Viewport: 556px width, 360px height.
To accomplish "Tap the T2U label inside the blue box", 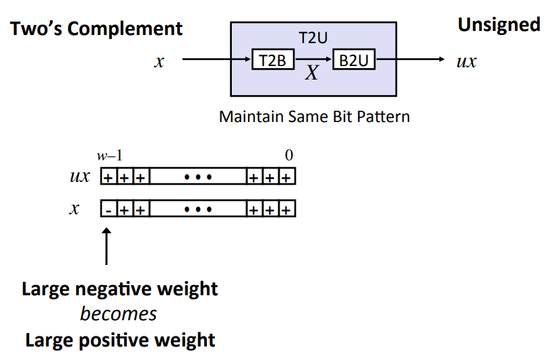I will [x=313, y=38].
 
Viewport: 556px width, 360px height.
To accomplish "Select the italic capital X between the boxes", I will [x=311, y=73].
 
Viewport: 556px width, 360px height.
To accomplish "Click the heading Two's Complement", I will [x=96, y=29].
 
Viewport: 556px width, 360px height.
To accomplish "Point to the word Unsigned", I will [x=499, y=25].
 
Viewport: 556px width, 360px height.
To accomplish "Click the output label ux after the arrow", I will [x=466, y=61].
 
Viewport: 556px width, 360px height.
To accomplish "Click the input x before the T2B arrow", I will [x=159, y=62].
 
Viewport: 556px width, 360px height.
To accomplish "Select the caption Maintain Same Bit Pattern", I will [x=314, y=117].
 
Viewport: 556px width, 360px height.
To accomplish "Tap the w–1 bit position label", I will [x=109, y=156].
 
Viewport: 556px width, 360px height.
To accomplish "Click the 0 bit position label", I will [x=289, y=156].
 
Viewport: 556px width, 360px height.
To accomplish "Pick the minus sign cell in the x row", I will [x=108, y=209].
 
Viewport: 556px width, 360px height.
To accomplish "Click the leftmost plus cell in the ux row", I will [x=108, y=177].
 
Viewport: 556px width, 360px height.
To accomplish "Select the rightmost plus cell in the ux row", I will [x=287, y=177].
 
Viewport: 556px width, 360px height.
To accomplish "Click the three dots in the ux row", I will [x=198, y=178].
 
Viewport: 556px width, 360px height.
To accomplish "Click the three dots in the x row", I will [x=198, y=209].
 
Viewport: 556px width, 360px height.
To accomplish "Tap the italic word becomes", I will [x=119, y=314].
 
